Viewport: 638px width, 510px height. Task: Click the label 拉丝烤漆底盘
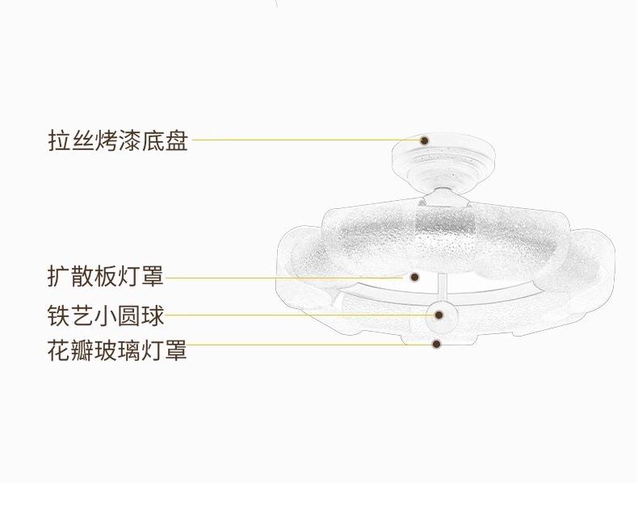tap(118, 140)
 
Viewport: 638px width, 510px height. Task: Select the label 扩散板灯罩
tap(106, 277)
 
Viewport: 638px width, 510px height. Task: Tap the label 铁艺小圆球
tap(106, 314)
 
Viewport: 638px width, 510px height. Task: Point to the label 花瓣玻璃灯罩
tap(118, 350)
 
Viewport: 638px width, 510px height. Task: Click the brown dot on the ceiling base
tap(426, 140)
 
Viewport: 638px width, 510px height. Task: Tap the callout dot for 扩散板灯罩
tap(414, 277)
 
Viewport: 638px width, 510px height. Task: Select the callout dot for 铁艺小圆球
tap(439, 315)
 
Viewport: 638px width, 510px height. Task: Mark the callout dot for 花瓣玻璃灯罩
tap(436, 344)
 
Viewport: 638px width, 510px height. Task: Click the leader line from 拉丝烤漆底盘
tap(307, 140)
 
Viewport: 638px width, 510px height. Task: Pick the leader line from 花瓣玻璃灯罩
tap(307, 345)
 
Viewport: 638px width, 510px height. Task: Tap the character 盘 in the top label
tap(177, 140)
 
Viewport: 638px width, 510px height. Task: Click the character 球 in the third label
tap(153, 314)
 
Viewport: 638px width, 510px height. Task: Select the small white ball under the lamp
tap(439, 315)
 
